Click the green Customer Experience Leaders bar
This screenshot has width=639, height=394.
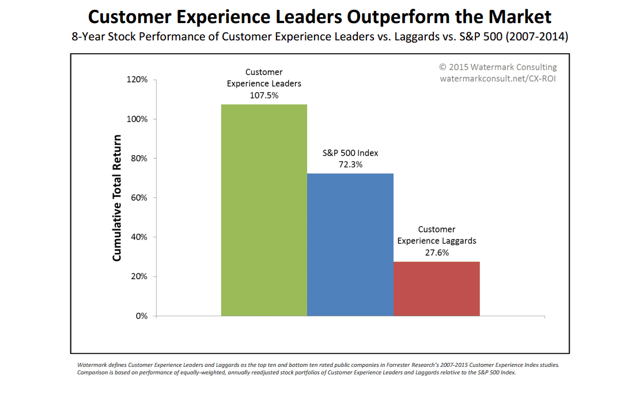pos(264,211)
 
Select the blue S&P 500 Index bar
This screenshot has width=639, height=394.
pos(350,245)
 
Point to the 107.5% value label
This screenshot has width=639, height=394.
pos(264,95)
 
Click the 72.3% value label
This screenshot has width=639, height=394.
pos(350,164)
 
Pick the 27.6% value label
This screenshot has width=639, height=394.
pos(436,252)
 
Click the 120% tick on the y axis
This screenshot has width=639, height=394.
pos(137,80)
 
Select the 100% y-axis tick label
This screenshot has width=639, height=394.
pos(137,119)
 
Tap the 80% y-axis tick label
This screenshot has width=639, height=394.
pos(139,158)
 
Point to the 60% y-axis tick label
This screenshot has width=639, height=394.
pos(139,197)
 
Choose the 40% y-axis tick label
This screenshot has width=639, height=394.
pos(139,237)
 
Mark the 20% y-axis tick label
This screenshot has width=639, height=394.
pos(139,276)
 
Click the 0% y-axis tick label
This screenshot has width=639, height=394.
pos(141,316)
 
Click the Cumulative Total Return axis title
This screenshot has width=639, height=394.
pos(117,198)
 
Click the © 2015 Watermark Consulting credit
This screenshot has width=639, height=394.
pos(498,67)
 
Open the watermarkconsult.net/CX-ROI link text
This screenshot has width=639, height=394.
pos(498,78)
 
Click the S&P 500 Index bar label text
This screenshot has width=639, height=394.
pos(350,153)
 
